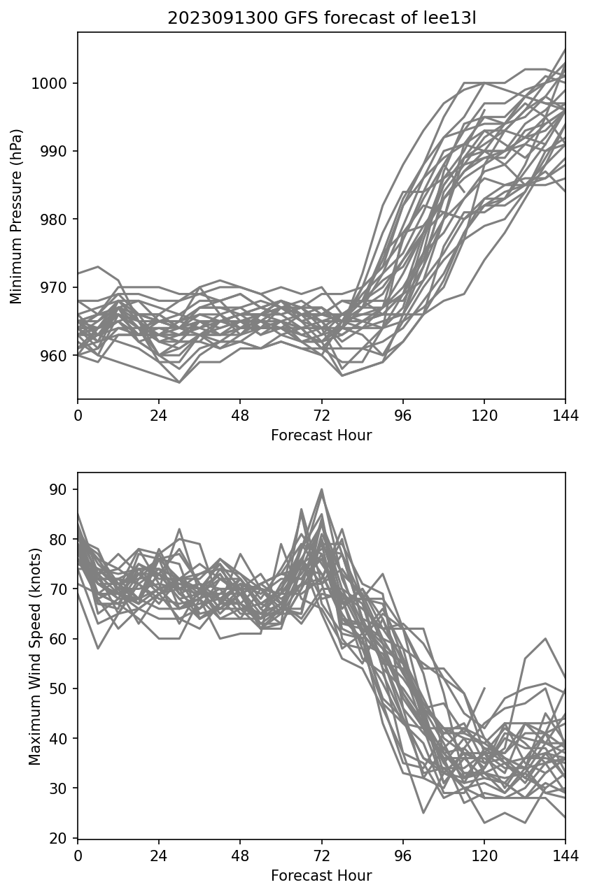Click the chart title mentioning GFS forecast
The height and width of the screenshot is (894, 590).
pos(321,19)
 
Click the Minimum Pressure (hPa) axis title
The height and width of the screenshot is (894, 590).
pos(17,216)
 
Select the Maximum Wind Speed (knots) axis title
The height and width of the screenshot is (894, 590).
pos(35,656)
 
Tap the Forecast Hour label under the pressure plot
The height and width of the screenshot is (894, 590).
pos(321,435)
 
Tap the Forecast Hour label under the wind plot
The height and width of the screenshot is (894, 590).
pos(321,876)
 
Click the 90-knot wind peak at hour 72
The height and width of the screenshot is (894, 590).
pos(322,489)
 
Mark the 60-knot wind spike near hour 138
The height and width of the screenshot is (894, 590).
pos(545,638)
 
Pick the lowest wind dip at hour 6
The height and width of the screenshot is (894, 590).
pos(98,648)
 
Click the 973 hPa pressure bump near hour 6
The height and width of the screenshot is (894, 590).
pos(98,266)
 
